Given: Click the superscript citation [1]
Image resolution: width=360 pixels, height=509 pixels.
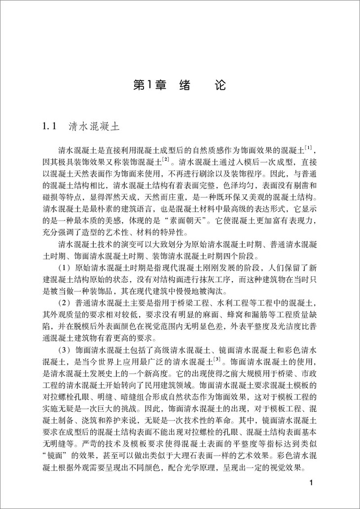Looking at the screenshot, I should (308, 149).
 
